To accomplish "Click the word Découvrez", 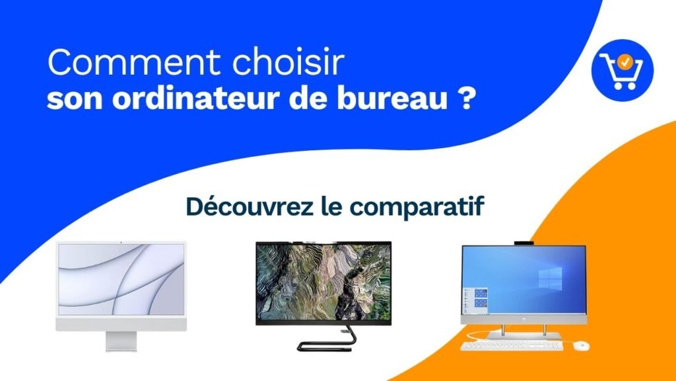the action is point(250,206).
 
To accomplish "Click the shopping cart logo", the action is point(623,70).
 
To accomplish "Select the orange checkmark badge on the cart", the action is point(625,62).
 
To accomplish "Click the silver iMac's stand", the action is point(121,341).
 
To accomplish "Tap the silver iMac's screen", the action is point(121,280).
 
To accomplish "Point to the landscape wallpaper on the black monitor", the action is point(323,282).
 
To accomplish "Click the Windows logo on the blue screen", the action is point(550,278).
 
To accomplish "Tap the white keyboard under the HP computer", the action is point(512,345).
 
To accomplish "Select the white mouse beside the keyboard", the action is point(582,345).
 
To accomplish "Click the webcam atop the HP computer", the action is point(524,243).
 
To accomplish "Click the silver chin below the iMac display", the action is point(121,324).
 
